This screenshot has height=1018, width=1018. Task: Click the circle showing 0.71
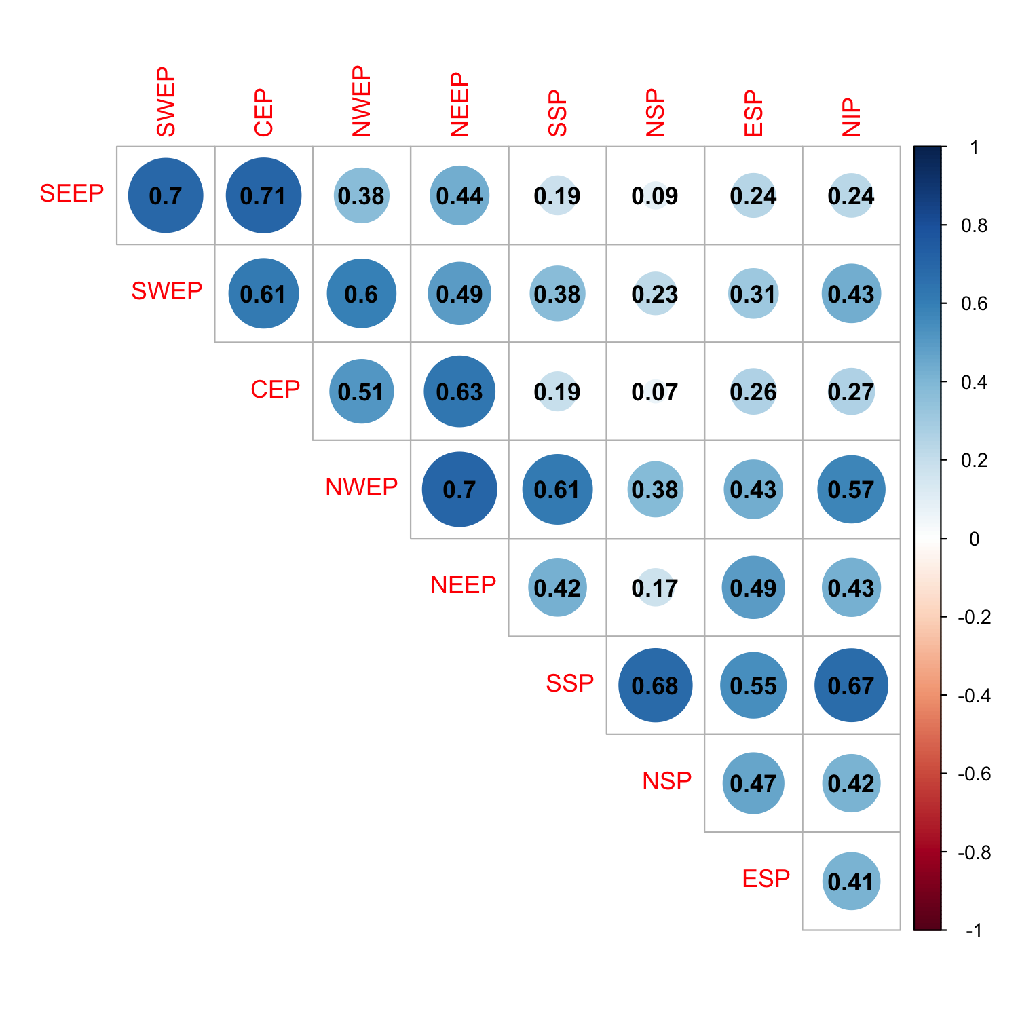(x=263, y=195)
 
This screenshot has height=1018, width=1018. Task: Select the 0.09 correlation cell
(x=655, y=195)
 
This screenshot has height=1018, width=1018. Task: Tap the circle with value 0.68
(x=655, y=685)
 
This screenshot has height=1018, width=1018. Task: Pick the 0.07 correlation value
(x=655, y=392)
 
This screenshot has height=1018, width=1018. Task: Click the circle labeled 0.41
(x=851, y=881)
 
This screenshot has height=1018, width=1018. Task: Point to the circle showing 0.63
(x=459, y=392)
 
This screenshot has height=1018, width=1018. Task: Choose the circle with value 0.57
(x=851, y=489)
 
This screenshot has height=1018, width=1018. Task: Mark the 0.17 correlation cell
(x=655, y=588)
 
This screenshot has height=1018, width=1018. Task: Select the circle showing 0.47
(x=753, y=783)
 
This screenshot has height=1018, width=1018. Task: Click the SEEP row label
(x=72, y=193)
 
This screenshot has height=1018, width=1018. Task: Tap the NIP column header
(x=851, y=117)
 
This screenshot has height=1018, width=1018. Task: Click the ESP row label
(x=766, y=879)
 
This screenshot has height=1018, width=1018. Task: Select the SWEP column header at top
(x=166, y=102)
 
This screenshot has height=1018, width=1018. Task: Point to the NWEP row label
(x=361, y=487)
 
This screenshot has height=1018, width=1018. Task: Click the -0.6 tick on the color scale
(x=974, y=774)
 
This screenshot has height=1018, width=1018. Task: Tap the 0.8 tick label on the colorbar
(x=974, y=225)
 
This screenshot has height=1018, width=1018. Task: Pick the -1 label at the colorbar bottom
(x=974, y=930)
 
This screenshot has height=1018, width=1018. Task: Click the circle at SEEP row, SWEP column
(x=166, y=195)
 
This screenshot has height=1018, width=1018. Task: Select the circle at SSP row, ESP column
(x=753, y=685)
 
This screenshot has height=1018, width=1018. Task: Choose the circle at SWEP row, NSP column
(x=655, y=294)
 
